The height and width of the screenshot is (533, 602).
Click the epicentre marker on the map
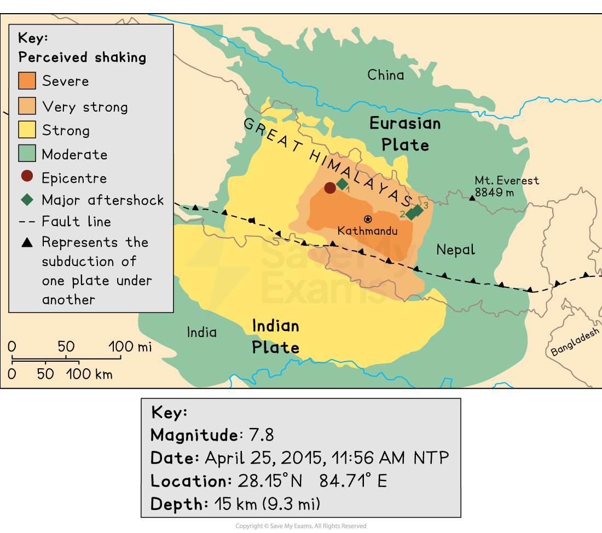(x=330, y=188)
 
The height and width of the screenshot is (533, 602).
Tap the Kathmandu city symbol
(x=368, y=219)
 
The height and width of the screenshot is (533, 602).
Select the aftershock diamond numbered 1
(x=342, y=184)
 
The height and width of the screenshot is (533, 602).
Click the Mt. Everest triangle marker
(x=472, y=198)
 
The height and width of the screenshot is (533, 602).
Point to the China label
(x=385, y=75)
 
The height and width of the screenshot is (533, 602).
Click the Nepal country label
(x=455, y=250)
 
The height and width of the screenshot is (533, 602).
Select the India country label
(x=201, y=332)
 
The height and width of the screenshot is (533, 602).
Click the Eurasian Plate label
(x=405, y=134)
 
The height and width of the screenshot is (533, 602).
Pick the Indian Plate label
(x=275, y=337)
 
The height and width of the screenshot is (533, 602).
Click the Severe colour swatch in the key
(x=27, y=81)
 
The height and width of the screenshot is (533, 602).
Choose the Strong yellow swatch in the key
(x=27, y=130)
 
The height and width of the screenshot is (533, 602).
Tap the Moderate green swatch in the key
(x=27, y=154)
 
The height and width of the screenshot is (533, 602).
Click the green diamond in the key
(x=27, y=200)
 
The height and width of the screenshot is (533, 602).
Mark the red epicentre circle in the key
(x=27, y=177)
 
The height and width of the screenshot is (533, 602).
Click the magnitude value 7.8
(x=261, y=435)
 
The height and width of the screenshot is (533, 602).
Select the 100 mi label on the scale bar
(x=129, y=346)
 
